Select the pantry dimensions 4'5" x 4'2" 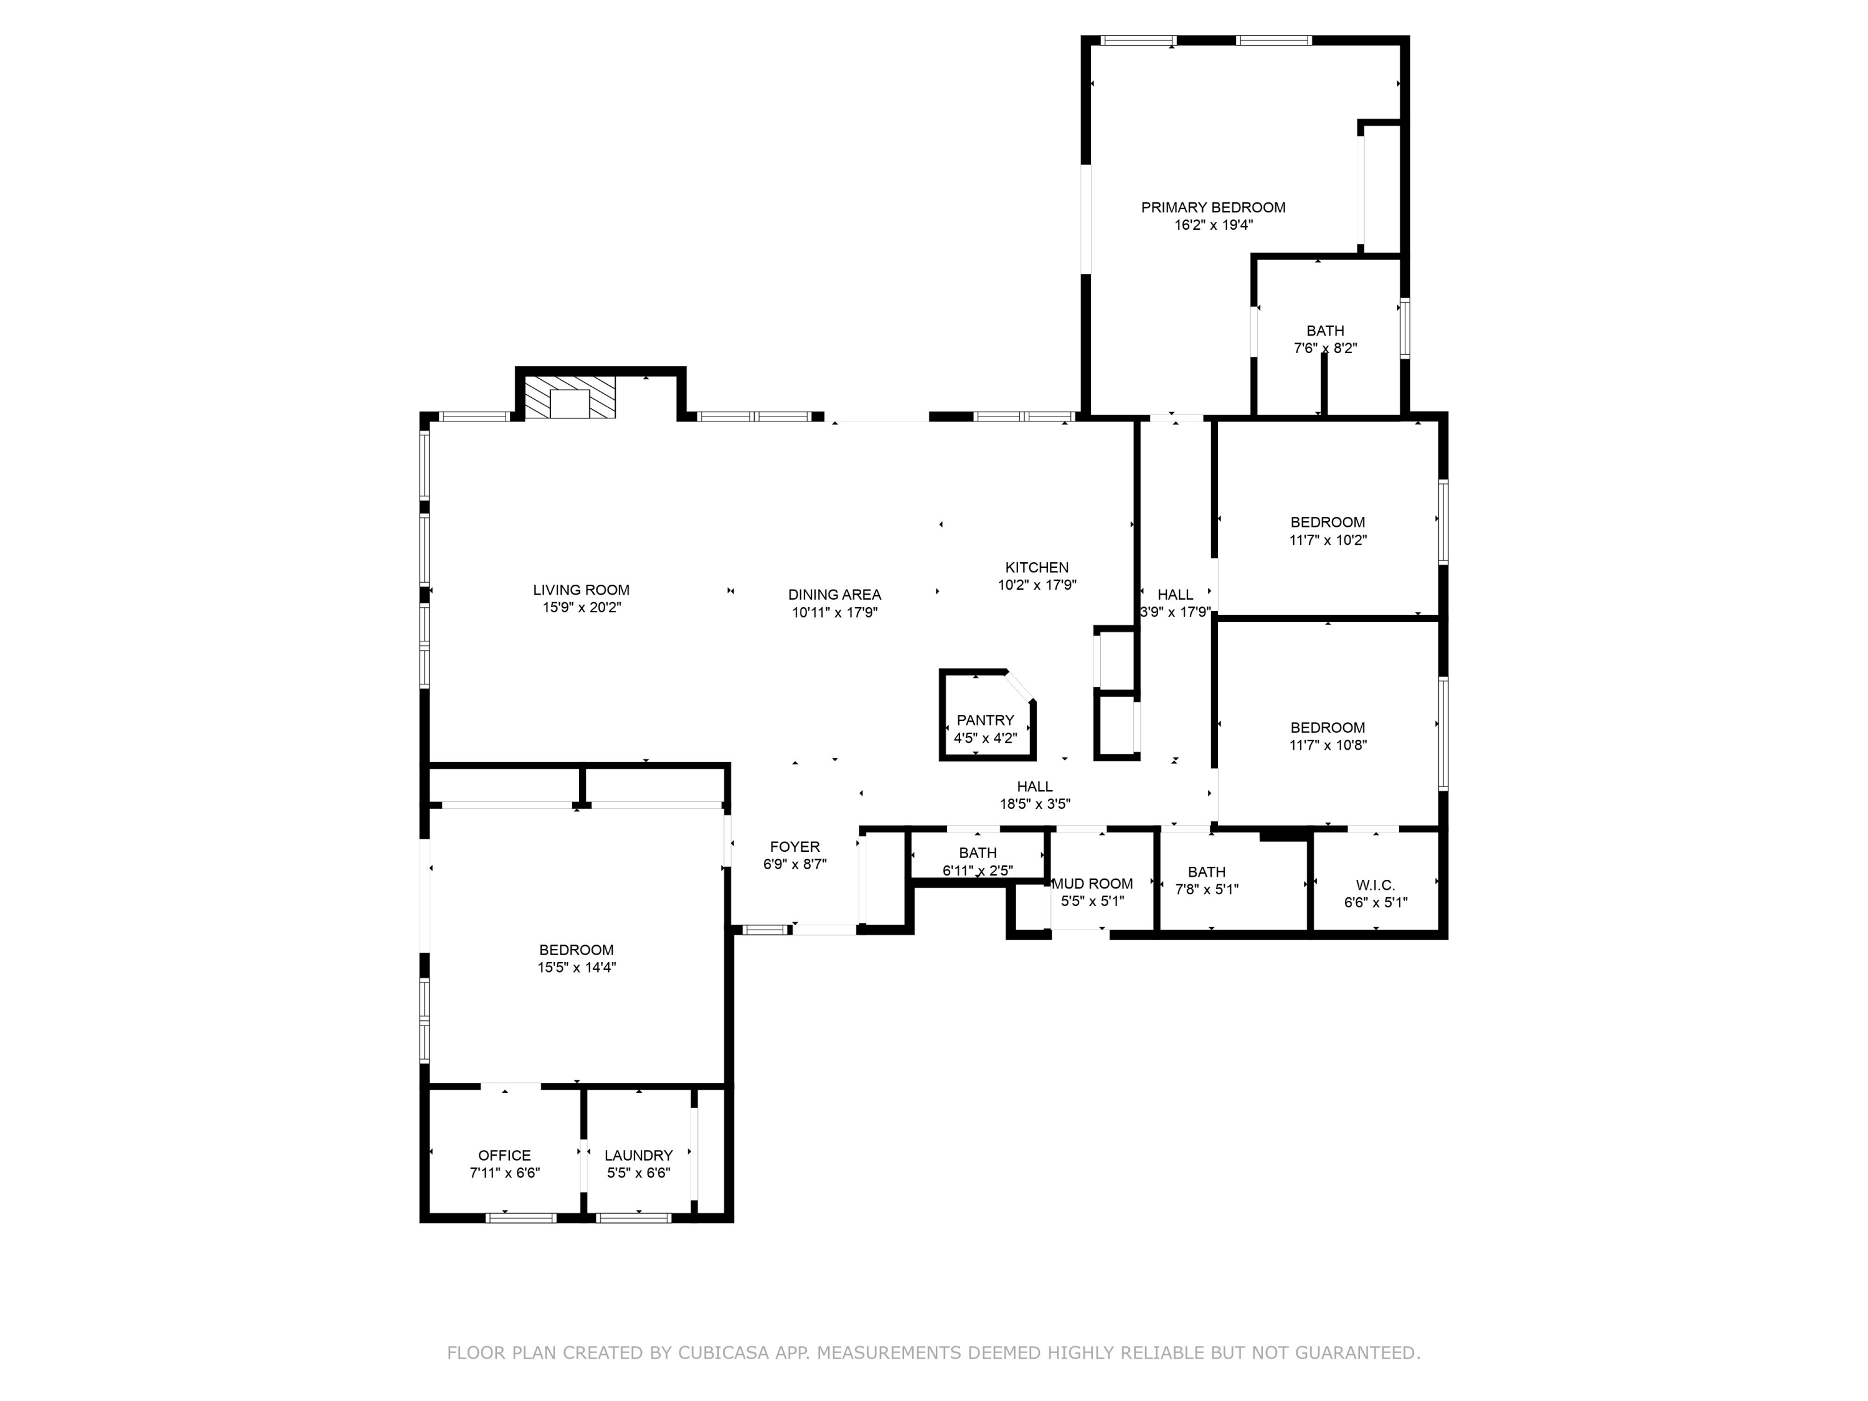tap(984, 738)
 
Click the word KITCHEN tap(1036, 567)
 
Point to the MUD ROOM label tap(1092, 884)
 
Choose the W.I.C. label tap(1375, 885)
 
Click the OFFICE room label tap(504, 1155)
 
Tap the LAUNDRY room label tap(638, 1155)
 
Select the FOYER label tap(794, 847)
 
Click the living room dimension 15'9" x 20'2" tap(581, 607)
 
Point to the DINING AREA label tap(834, 595)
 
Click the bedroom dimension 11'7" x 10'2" tap(1328, 540)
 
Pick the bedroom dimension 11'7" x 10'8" tap(1328, 745)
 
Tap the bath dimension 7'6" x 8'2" tap(1325, 348)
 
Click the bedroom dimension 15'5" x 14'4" tap(576, 968)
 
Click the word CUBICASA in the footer tap(723, 1353)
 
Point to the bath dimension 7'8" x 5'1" tap(1206, 889)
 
